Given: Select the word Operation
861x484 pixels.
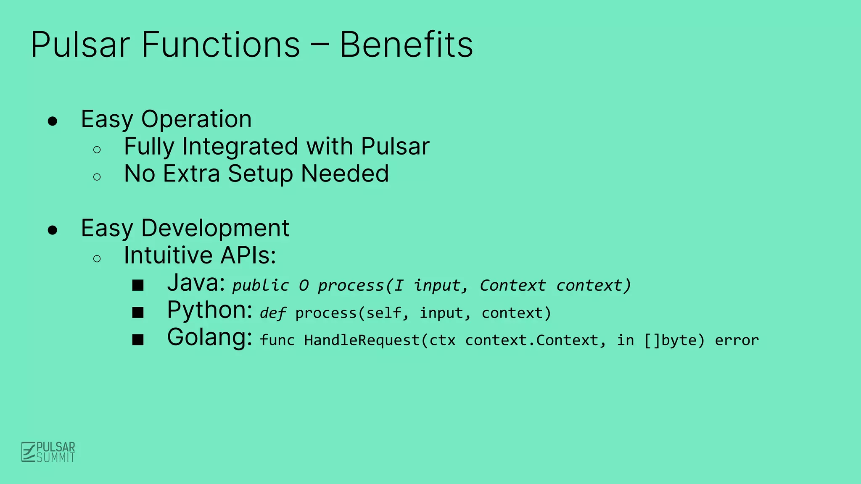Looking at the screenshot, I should click(x=196, y=119).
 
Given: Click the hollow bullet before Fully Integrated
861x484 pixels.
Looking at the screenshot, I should click(x=97, y=150).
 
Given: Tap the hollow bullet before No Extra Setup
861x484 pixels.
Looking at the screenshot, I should click(x=97, y=177).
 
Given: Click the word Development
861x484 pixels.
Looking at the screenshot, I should click(x=215, y=228).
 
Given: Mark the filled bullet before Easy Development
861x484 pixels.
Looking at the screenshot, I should click(x=53, y=230).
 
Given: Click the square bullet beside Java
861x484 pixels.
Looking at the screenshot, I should click(x=138, y=286).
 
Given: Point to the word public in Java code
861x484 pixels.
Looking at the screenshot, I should click(x=261, y=286).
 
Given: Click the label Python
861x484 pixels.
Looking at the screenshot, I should click(x=209, y=310).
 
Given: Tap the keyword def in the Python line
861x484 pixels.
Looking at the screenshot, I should click(x=273, y=313).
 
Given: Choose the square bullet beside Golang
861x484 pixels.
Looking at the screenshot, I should click(x=138, y=340).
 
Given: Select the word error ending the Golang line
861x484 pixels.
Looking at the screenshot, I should click(x=737, y=340).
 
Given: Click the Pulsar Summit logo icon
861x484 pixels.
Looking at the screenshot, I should click(x=28, y=452).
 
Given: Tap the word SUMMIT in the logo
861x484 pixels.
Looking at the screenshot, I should click(x=55, y=458).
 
